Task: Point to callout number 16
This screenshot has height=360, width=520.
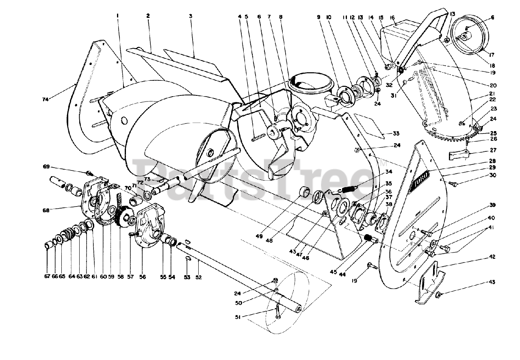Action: coord(392,17)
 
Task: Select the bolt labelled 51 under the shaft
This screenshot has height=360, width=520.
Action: coord(278,312)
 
